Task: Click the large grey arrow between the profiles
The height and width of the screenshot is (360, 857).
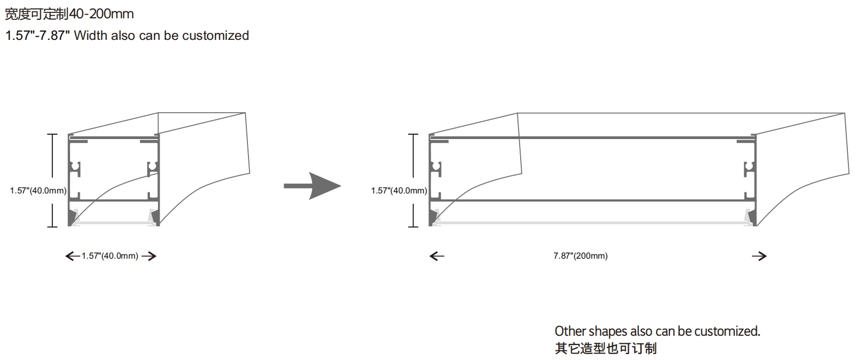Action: [312, 186]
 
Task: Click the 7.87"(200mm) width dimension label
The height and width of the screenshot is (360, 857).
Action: [580, 256]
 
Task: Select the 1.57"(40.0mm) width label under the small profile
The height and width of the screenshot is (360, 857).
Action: [110, 256]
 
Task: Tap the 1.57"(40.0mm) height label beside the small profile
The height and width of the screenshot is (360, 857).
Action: [38, 191]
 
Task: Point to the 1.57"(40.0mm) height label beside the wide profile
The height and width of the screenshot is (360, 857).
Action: [399, 191]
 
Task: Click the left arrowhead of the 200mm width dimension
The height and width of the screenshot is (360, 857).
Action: [437, 256]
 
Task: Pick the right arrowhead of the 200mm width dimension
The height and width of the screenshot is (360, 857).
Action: [759, 256]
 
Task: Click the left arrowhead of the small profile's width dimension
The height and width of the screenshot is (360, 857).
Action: [73, 256]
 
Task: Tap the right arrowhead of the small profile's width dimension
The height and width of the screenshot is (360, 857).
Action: [149, 256]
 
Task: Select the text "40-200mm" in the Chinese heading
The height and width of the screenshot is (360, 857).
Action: [101, 14]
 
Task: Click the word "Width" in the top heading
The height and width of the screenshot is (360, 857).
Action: [91, 36]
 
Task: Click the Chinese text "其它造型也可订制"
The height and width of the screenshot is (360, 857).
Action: [606, 348]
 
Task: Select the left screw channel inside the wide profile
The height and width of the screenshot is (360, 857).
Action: [436, 169]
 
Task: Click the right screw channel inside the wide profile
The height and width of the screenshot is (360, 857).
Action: [749, 169]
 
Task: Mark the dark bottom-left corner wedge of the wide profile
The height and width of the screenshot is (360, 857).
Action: [433, 218]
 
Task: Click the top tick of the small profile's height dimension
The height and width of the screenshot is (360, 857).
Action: [52, 134]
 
